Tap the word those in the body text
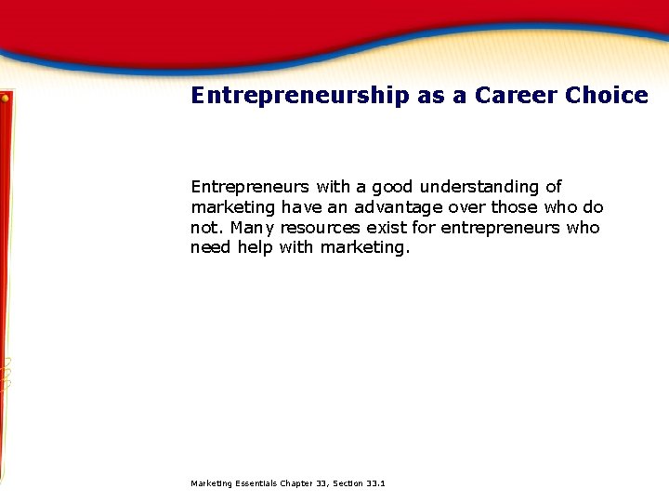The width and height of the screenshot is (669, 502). [514, 207]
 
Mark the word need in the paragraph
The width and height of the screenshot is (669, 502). [210, 248]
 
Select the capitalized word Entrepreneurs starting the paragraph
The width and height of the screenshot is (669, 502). [249, 187]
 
